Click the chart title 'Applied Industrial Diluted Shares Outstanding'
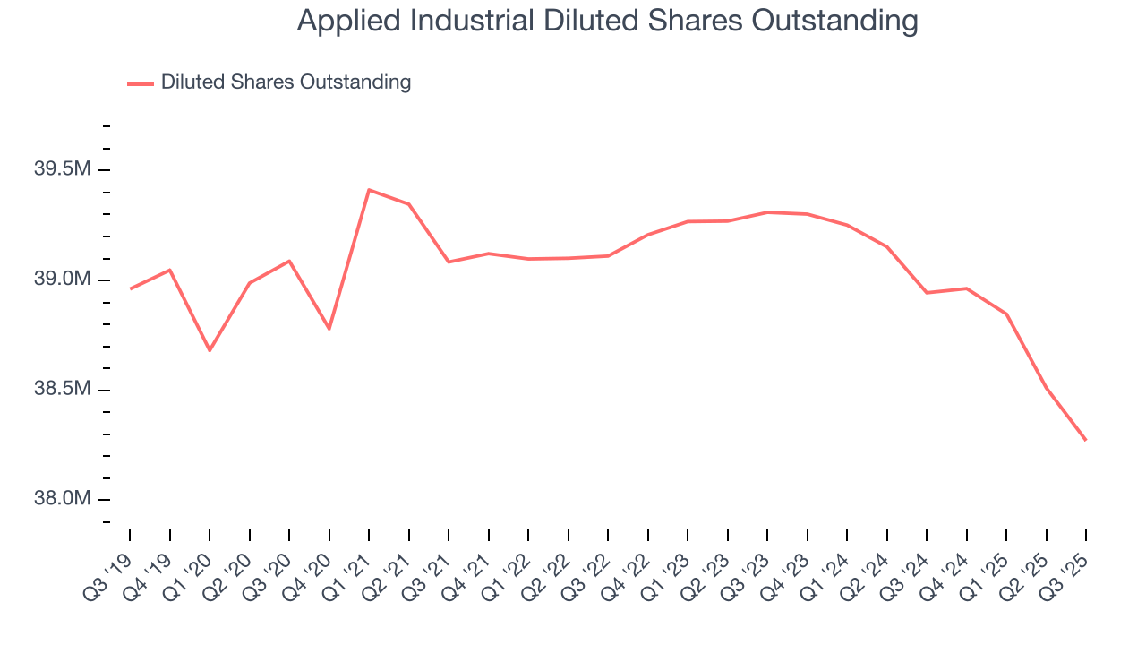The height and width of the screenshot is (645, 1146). (607, 21)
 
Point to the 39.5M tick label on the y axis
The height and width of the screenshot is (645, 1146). (63, 170)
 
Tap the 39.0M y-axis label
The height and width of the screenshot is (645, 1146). (63, 280)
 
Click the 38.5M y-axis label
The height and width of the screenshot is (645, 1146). (63, 390)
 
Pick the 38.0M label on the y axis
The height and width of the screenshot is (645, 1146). (63, 499)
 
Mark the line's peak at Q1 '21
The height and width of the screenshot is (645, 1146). (369, 190)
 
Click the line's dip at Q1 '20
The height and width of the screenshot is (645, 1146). (210, 350)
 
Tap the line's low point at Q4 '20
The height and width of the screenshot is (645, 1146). (329, 329)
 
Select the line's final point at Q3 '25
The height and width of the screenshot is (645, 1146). (1086, 440)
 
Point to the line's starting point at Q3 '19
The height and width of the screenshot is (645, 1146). (130, 288)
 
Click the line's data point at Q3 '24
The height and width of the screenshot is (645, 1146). (927, 293)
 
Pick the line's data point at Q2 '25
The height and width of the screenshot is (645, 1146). (1047, 388)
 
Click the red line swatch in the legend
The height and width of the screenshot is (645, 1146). (141, 83)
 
